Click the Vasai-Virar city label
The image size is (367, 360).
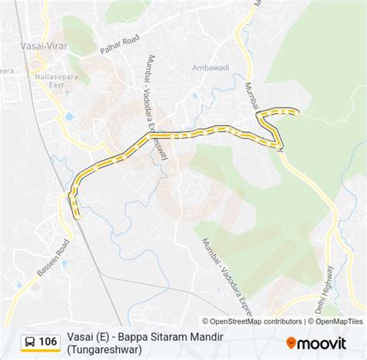[42, 46]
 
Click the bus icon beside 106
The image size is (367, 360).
[28, 341]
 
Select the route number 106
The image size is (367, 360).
[48, 341]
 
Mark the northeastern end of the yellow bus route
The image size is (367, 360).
[297, 113]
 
